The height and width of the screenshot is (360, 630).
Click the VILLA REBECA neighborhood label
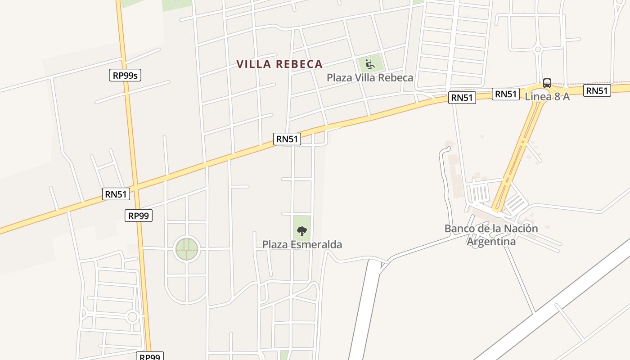[279, 64]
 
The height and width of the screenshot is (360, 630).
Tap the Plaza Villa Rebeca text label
[370, 78]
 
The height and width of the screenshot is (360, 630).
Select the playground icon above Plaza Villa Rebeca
[370, 64]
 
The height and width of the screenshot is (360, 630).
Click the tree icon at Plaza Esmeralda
[301, 232]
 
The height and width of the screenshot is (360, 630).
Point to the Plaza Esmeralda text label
[302, 245]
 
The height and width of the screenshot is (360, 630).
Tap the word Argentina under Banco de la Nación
[491, 242]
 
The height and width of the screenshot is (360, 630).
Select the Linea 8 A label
[547, 96]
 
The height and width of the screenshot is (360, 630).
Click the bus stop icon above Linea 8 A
[547, 83]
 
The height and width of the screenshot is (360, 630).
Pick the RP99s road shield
[125, 75]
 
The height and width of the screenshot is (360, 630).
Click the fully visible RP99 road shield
[139, 216]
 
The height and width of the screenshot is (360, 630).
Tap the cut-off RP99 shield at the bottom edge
[150, 356]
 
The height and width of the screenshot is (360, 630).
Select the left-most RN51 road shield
[116, 194]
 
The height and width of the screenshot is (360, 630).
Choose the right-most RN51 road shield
[597, 91]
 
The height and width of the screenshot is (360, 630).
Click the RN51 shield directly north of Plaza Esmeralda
[287, 139]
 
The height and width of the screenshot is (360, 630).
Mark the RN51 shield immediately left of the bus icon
[505, 94]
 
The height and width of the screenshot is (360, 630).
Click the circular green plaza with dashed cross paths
[186, 248]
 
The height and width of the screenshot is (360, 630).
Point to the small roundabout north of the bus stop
[537, 49]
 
